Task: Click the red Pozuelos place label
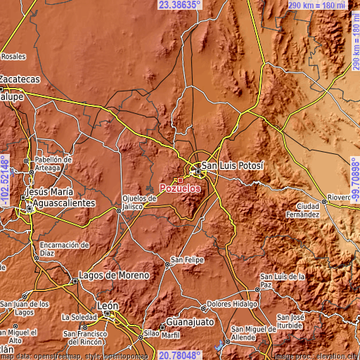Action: coord(180,189)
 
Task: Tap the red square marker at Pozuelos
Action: coord(180,180)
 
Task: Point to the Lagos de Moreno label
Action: coord(114,275)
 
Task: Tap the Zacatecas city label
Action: coord(19,80)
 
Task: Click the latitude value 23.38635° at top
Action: coord(180,5)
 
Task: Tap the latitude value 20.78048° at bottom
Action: coord(180,355)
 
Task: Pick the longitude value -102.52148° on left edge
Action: coord(5,181)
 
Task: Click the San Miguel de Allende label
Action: coord(257,333)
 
